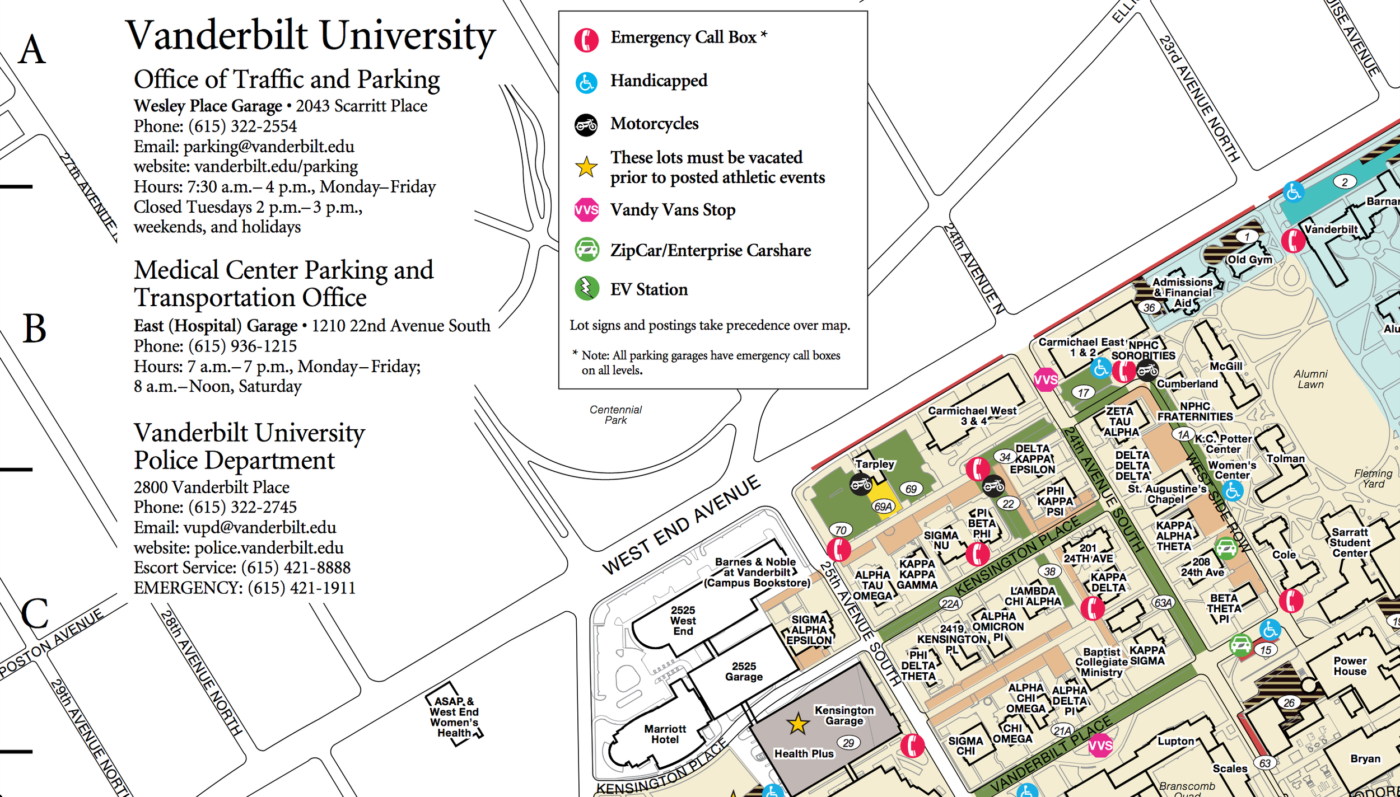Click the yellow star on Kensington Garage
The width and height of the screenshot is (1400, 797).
click(x=797, y=724)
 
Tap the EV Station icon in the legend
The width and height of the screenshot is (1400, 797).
click(x=586, y=289)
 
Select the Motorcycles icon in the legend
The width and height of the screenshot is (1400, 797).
click(x=586, y=124)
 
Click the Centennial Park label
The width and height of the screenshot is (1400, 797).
click(x=615, y=415)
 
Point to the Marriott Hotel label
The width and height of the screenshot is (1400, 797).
click(x=665, y=734)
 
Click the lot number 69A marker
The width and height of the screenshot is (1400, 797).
click(x=883, y=507)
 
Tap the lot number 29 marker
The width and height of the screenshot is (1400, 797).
click(x=848, y=743)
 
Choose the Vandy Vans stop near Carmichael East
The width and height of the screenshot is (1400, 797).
click(x=1045, y=380)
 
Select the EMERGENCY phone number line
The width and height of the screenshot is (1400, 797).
click(x=244, y=588)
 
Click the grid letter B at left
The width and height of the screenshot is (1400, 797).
click(x=34, y=329)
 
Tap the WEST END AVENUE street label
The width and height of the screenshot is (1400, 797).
click(x=681, y=525)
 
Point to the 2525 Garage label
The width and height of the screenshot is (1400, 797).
click(x=744, y=671)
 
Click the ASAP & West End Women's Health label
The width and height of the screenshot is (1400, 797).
click(x=454, y=717)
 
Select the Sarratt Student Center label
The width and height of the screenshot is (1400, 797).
click(x=1350, y=542)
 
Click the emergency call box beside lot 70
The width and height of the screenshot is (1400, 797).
click(x=838, y=550)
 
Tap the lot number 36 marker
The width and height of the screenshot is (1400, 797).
click(x=1149, y=307)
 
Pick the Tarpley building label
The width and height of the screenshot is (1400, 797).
click(x=875, y=463)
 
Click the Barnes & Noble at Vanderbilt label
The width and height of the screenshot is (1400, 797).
click(x=757, y=572)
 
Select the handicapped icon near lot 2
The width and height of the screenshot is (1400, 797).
click(x=1293, y=192)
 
